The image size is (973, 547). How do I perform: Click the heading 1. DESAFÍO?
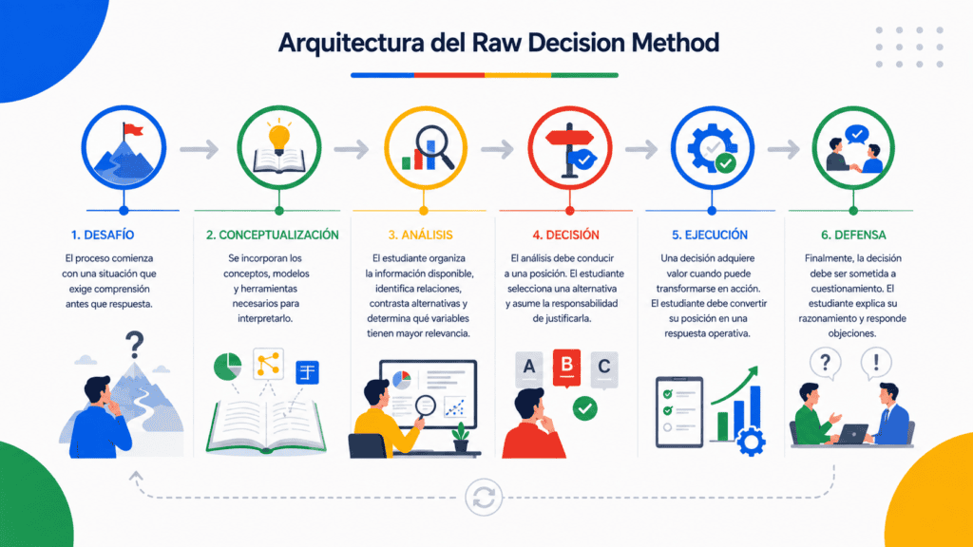pos(103,236)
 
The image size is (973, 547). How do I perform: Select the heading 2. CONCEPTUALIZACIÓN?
pos(273,236)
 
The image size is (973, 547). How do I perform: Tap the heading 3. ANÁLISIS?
pos(420,236)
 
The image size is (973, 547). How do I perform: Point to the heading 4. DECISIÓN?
pos(566,236)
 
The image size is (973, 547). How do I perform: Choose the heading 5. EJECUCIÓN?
pos(710,236)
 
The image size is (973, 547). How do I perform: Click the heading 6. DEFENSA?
pos(853,236)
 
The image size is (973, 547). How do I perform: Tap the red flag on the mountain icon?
pos(132,129)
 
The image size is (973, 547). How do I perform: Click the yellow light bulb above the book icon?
pos(278,137)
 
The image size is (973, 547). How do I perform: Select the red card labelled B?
pos(566,368)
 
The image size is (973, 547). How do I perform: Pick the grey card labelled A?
pos(528,368)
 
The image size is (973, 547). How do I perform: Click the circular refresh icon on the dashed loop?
pos(484,498)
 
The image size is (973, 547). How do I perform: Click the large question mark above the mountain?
pos(134,345)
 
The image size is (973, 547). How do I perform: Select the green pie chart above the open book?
pos(228,367)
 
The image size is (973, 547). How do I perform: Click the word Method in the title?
pos(676,43)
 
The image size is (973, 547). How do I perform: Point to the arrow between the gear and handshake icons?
pos(784,149)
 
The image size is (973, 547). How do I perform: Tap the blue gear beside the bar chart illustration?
pos(752,442)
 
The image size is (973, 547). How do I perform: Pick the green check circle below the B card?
pos(584,408)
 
